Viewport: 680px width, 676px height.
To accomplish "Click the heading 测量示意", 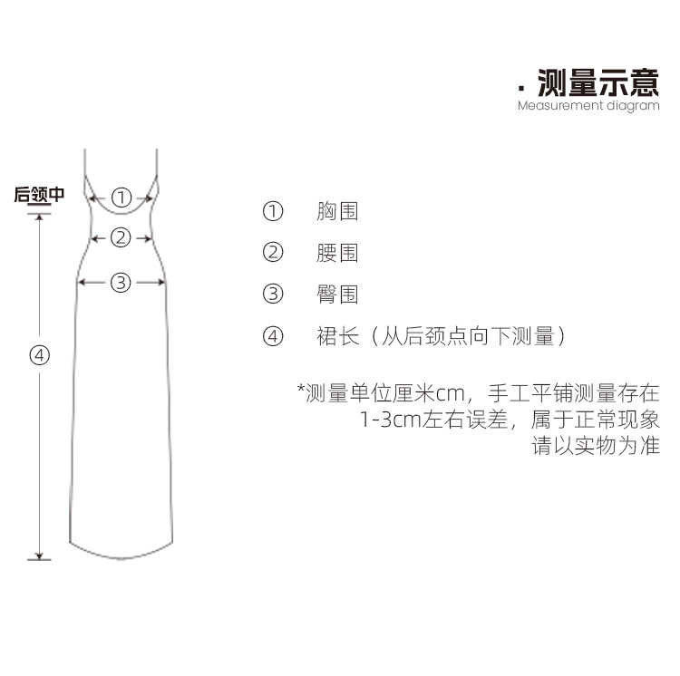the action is pos(598,82).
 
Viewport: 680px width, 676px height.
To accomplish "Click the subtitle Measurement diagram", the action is pos(588,106).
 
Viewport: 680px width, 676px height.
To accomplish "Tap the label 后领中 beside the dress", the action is pos(39,195).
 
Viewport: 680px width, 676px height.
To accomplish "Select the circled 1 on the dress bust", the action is pos(121,198).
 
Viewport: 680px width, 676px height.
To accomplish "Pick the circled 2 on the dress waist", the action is pos(121,237).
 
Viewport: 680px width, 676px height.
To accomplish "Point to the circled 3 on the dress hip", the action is pos(121,283).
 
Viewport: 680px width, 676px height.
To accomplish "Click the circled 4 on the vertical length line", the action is pos(40,355).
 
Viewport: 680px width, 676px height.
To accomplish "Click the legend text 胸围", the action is pos(337,211).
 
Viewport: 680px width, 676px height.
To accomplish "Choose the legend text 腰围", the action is pos(337,253).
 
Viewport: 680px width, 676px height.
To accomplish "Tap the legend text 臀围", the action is pos(337,295).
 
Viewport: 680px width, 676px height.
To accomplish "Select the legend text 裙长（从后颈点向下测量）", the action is pos(441,336).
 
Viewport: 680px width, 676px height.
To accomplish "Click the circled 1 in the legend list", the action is pos(273,211).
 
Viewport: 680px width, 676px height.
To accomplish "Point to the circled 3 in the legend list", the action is pos(273,294).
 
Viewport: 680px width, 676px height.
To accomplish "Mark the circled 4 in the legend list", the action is pos(273,336).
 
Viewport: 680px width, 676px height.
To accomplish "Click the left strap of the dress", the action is pos(85,163).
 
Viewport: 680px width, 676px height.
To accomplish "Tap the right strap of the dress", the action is pos(157,163).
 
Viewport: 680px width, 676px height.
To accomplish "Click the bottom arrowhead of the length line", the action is pos(40,556).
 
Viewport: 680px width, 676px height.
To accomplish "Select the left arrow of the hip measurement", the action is pos(92,283).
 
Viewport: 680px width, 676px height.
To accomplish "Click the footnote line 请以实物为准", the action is pos(596,447).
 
